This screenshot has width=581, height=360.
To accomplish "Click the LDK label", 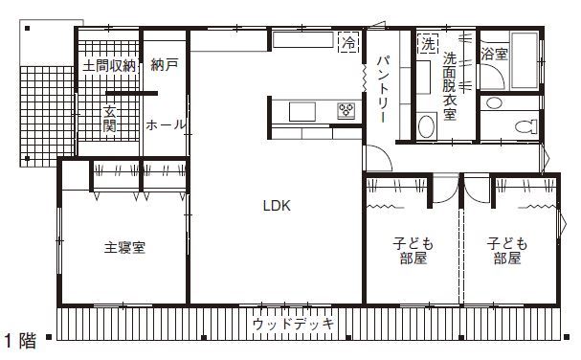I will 278,205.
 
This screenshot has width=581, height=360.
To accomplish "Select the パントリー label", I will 382,90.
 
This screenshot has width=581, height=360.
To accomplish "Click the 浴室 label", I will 495,55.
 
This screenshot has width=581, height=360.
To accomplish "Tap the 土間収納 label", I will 108,66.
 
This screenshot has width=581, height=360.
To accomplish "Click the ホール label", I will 165,124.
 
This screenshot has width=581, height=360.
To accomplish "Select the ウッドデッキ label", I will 294,325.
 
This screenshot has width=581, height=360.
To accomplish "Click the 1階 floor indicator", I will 20,340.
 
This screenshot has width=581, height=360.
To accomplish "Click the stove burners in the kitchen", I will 345,112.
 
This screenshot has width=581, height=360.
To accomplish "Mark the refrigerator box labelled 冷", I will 349,43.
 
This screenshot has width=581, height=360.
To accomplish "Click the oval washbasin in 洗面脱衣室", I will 427,126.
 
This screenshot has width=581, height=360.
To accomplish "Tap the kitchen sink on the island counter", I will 301,111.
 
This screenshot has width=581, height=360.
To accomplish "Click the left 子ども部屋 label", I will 409,250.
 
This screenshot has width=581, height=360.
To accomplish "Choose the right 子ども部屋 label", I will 507,250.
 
